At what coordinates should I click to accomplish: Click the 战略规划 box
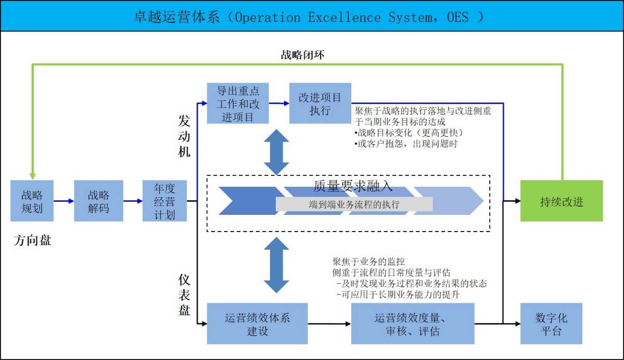pyautogui.click(x=32, y=201)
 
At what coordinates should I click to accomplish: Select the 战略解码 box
pyautogui.click(x=98, y=201)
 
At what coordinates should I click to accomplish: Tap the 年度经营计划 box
pyautogui.click(x=164, y=201)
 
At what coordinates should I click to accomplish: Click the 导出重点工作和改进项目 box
pyautogui.click(x=238, y=103)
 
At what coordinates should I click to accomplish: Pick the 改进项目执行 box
pyautogui.click(x=320, y=103)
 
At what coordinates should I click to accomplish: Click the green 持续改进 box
pyautogui.click(x=562, y=201)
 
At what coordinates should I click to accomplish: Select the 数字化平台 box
pyautogui.click(x=551, y=324)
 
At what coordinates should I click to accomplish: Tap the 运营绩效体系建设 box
pyautogui.click(x=257, y=324)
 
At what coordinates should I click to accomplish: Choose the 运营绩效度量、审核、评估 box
pyautogui.click(x=413, y=324)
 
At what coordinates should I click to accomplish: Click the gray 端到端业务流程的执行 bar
pyautogui.click(x=354, y=204)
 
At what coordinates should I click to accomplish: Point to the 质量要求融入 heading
pyautogui.click(x=353, y=186)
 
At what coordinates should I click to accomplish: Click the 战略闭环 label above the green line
pyautogui.click(x=302, y=55)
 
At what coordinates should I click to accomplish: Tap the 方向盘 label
pyautogui.click(x=33, y=240)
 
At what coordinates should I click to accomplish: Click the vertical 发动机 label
pyautogui.click(x=184, y=136)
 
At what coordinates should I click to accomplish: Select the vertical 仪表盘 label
pyautogui.click(x=184, y=295)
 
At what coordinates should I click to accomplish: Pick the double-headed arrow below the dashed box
pyautogui.click(x=276, y=265)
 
